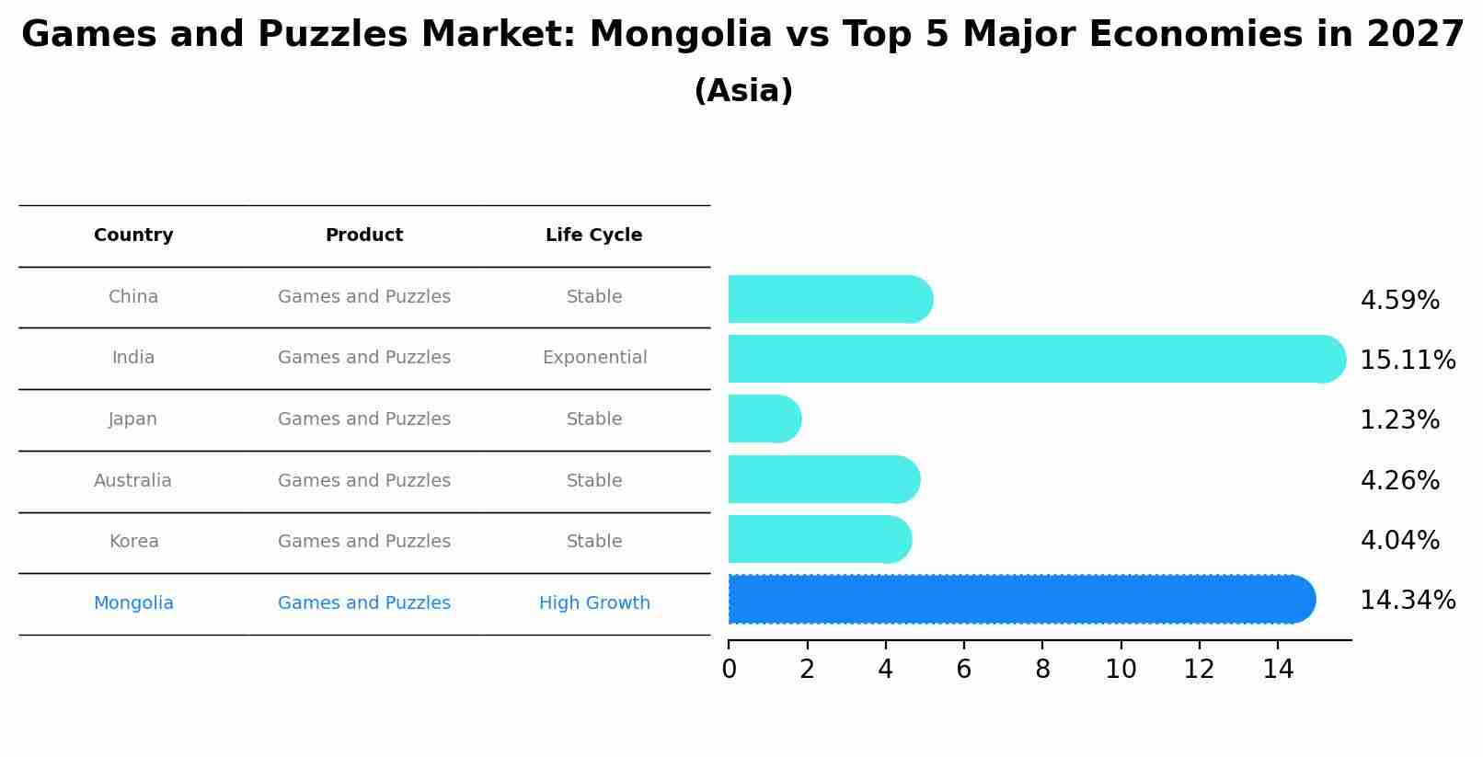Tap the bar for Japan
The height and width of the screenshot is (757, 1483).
764,419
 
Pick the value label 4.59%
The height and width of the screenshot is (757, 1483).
1399,301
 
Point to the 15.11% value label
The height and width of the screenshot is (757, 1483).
1408,360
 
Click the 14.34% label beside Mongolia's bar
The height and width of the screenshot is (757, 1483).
1408,601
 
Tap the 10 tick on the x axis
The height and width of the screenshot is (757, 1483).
1121,670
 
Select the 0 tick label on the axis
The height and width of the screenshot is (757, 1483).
729,670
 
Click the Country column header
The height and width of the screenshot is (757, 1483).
133,235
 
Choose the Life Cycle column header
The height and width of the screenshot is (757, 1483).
593,235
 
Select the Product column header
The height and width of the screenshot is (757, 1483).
364,235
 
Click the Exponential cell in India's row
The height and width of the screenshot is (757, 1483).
594,358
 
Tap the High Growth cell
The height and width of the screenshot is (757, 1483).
594,603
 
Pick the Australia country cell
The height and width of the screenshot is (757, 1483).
132,481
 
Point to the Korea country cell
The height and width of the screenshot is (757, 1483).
133,542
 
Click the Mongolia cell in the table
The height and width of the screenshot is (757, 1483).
133,603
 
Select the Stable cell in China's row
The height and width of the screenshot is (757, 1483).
594,297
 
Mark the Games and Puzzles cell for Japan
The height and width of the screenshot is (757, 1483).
364,419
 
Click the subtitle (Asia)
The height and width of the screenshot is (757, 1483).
743,91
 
